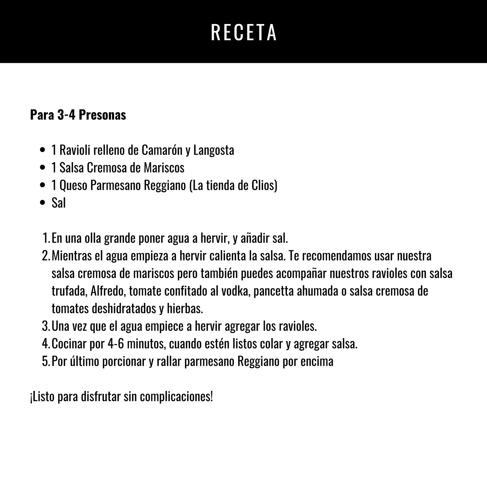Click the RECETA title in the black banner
click(x=243, y=33)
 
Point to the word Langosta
click(x=214, y=150)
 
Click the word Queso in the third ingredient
click(x=73, y=185)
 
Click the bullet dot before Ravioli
click(x=43, y=150)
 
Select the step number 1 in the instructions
click(x=46, y=238)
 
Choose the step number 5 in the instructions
click(x=46, y=361)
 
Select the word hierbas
click(x=185, y=309)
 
